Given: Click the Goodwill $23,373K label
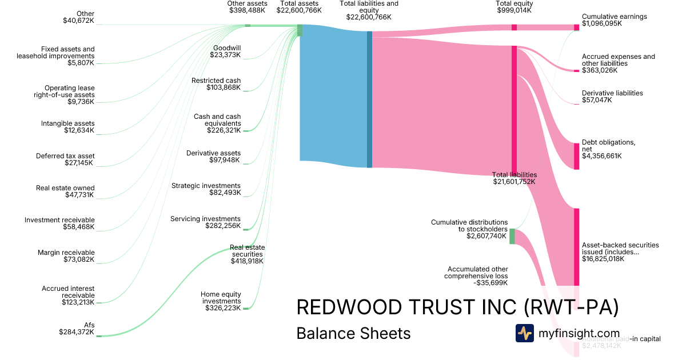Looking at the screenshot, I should tap(227, 51).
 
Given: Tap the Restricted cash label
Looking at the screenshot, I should tap(216, 84).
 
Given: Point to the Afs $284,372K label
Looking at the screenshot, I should tap(77, 328).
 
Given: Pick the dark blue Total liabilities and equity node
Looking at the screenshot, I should tap(369, 99).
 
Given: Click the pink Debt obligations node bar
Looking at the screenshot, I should tap(576, 156).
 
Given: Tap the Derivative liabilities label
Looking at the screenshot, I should tap(612, 96).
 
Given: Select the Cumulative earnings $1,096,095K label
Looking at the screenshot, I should tap(614, 20).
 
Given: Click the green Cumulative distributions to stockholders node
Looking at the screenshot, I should tap(512, 236).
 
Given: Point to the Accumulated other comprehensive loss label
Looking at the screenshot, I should tap(476, 275).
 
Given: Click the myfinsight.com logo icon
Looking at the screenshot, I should tap(524, 333).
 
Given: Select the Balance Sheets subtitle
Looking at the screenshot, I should tap(353, 333).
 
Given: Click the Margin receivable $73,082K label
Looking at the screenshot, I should tap(66, 256).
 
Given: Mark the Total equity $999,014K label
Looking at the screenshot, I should tap(514, 7).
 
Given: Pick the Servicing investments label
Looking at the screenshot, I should tap(205, 222).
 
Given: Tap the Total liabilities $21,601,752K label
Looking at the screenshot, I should tap(514, 178).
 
